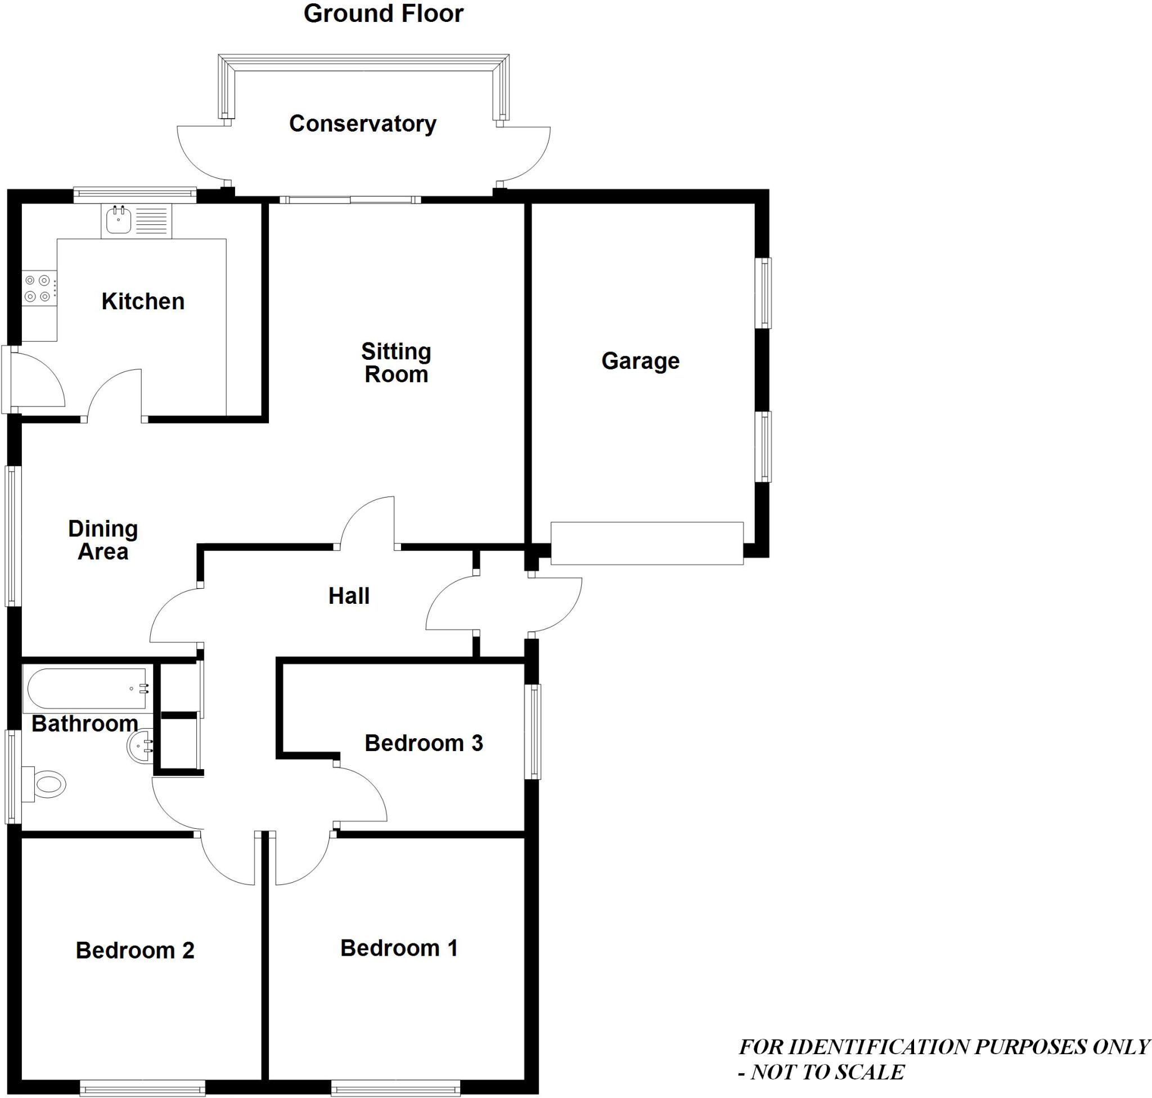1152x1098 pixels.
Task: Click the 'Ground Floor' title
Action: click(383, 14)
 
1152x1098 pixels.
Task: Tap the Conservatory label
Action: click(362, 124)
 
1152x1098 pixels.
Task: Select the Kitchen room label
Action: click(143, 301)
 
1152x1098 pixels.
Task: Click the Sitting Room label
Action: click(396, 363)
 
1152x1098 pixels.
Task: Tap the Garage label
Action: click(640, 361)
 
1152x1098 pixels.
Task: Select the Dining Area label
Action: click(103, 540)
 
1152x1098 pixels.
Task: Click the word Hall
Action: click(349, 596)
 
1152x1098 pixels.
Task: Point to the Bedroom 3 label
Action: click(424, 743)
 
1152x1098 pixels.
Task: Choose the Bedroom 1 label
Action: click(399, 948)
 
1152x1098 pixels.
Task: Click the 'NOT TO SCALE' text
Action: click(827, 1072)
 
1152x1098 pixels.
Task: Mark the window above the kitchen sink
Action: click(134, 195)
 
